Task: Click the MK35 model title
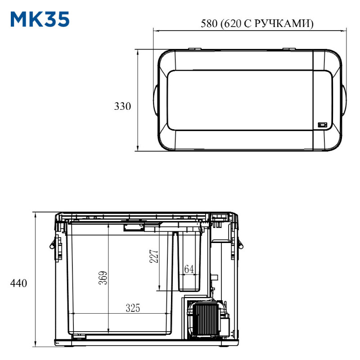(x=40, y=19)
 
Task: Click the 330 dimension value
(x=122, y=106)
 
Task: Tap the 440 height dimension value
(x=18, y=283)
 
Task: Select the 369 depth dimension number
(x=103, y=278)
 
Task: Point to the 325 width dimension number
(x=133, y=308)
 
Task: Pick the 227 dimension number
(x=154, y=256)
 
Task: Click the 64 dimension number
(x=189, y=269)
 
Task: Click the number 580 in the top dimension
(x=209, y=23)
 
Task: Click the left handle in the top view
(x=155, y=100)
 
